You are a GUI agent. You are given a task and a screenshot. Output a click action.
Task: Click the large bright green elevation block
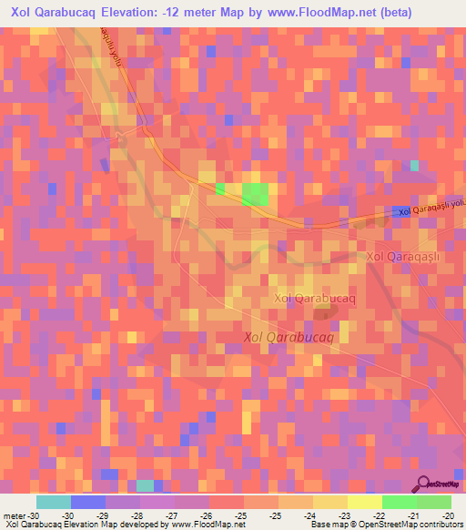pyautogui.click(x=256, y=193)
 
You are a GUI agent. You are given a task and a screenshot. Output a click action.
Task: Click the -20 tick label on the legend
pyautogui.click(x=446, y=515)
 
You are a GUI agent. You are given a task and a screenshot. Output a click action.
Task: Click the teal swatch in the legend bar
pyautogui.click(x=54, y=502)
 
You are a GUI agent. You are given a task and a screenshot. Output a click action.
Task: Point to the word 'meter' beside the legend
pyautogui.click(x=13, y=515)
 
